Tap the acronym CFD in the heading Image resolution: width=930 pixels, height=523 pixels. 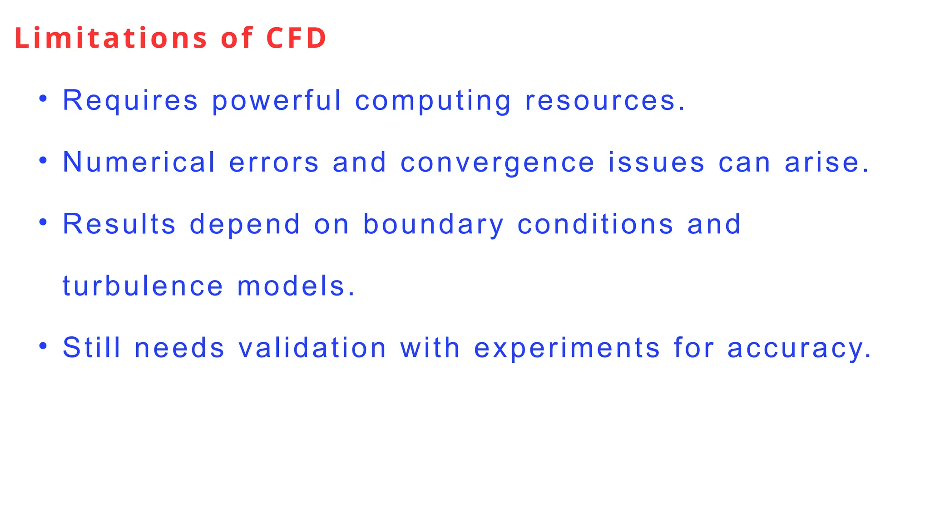[x=296, y=38]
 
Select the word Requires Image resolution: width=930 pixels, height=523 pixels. [x=130, y=100]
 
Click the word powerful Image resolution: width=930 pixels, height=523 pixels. [x=277, y=100]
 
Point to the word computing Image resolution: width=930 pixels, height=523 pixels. [x=433, y=100]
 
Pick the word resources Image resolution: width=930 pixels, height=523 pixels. [x=604, y=100]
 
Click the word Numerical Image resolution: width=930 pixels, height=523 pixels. [x=139, y=162]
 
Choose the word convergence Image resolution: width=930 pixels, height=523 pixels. [x=497, y=162]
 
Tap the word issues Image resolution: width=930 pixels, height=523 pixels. [x=657, y=162]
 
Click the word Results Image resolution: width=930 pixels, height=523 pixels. [x=119, y=224]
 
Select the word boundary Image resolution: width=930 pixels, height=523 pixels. [x=433, y=224]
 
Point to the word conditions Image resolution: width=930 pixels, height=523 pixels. [x=595, y=224]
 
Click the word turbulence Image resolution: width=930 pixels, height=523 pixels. [x=143, y=286]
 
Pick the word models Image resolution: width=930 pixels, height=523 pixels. [x=296, y=286]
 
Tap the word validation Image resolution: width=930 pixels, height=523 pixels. [x=312, y=348]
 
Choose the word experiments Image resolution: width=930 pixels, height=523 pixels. [x=567, y=348]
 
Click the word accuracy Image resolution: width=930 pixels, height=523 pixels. [x=799, y=348]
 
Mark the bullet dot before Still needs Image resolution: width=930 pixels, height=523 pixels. [x=43, y=346]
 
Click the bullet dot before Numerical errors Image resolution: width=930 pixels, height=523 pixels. [x=43, y=160]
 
